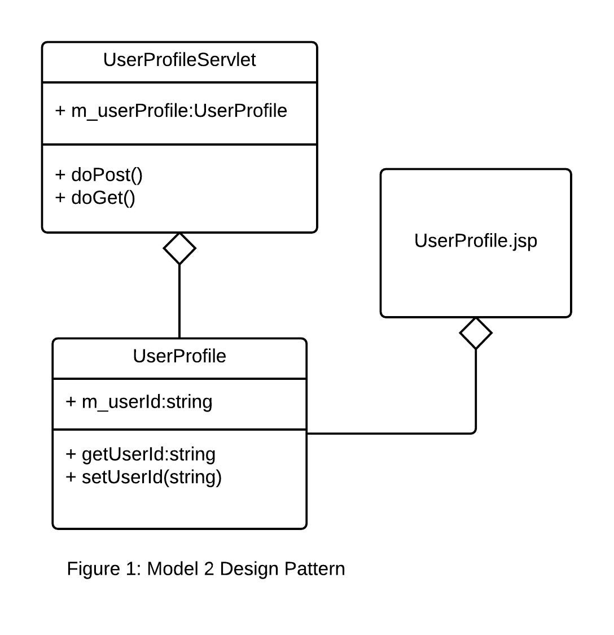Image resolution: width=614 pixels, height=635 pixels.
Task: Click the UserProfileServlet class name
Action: [179, 60]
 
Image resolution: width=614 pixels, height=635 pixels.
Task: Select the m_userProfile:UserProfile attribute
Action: [171, 111]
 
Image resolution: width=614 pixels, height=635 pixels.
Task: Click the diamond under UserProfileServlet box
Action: [179, 248]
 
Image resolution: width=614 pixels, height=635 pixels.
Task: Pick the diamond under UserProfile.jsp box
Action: [476, 333]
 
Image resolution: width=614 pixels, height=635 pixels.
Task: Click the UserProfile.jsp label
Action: [476, 240]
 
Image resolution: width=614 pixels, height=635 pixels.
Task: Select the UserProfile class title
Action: [179, 356]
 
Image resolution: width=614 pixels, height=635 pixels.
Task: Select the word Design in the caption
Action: [249, 568]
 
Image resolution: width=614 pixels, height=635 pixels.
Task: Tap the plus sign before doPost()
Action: [60, 175]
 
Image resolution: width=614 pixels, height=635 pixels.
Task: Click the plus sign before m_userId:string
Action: [71, 402]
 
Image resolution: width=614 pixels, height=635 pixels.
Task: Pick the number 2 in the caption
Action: [209, 568]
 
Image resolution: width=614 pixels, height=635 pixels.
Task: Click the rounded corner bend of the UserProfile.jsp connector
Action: [473, 431]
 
